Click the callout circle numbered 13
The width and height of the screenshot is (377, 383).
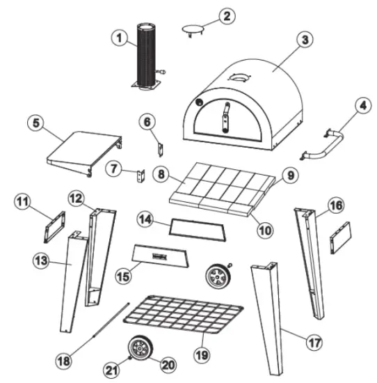pyautogui.click(x=41, y=261)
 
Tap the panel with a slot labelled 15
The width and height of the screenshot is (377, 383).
pyautogui.click(x=160, y=256)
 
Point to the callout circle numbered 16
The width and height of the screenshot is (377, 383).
pyautogui.click(x=337, y=206)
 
